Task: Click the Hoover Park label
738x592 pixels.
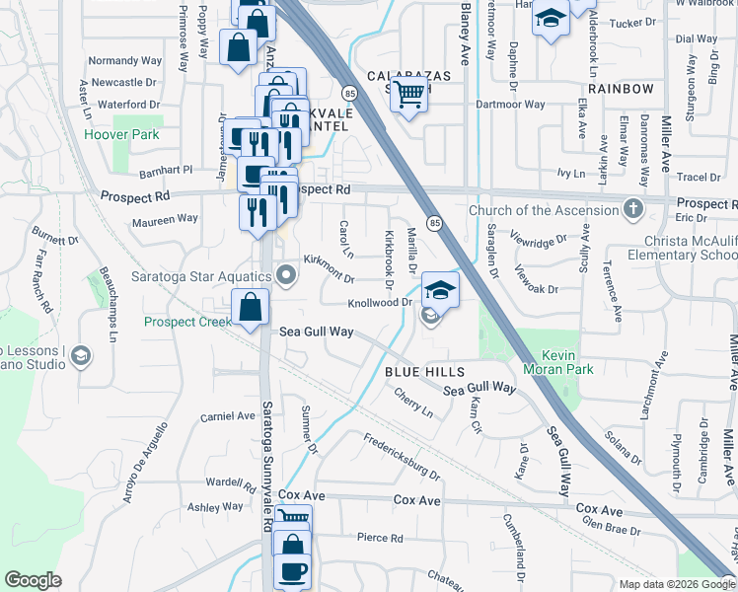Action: pos(121,134)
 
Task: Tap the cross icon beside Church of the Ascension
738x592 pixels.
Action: pos(632,209)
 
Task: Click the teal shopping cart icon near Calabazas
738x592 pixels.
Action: pos(408,96)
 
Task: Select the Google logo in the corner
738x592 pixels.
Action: pos(33,580)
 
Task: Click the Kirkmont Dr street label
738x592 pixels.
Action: pos(328,261)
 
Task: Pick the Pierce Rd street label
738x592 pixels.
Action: pos(380,538)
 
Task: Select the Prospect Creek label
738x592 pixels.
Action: pos(186,322)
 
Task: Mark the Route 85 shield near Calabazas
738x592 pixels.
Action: pos(350,92)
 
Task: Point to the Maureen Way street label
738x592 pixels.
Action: pos(165,219)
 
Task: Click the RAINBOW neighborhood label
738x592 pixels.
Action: pos(622,89)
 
